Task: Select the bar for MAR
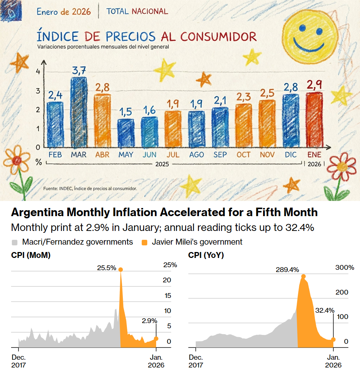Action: coord(78,113)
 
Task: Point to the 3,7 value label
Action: coord(79,70)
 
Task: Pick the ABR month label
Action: coord(102,155)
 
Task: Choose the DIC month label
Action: coord(291,155)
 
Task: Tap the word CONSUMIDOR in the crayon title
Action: coord(219,37)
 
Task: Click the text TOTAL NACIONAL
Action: coord(137,11)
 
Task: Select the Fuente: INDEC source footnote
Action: coord(90,188)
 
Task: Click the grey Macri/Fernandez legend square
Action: coord(15,242)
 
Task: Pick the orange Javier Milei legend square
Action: coord(145,242)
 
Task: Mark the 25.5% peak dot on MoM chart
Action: coord(121,269)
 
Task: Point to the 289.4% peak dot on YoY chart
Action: coord(303,276)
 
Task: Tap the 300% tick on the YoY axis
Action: coord(345,268)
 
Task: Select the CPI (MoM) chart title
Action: coord(31,255)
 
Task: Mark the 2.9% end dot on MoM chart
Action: coord(156,338)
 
